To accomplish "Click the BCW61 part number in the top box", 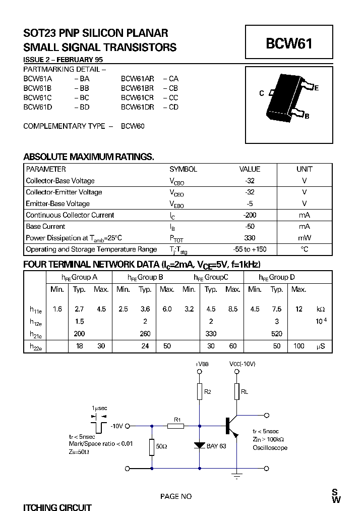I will [289, 44].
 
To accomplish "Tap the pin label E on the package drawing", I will [316, 88].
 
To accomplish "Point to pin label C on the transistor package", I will [262, 93].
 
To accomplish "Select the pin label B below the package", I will [307, 116].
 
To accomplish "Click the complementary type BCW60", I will [133, 126].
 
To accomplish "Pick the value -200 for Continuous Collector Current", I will [250, 215].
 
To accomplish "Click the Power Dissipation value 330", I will [250, 238].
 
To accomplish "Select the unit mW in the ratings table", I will [304, 238].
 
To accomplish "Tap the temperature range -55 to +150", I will [250, 249].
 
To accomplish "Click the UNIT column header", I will [304, 169].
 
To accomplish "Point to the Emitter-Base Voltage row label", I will [57, 203].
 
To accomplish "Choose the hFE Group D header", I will [277, 277].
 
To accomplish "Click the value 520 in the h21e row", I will [277, 334].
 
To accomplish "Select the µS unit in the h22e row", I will [321, 346].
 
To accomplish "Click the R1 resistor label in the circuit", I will [176, 419].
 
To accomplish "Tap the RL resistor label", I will [245, 391].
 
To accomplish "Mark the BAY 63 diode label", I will [217, 446].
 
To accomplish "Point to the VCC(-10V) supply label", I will [242, 364].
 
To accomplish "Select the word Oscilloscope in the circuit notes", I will [270, 448].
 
